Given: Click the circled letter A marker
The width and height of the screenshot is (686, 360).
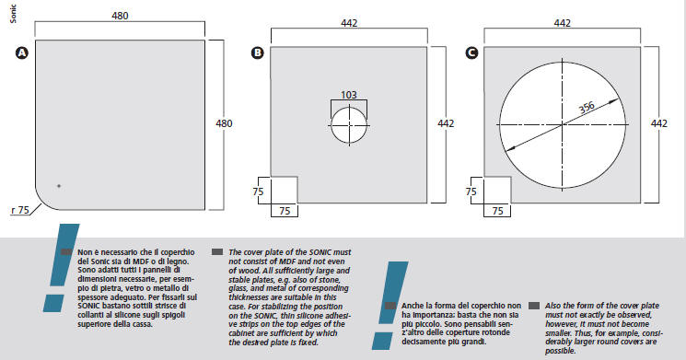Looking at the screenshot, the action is coord(21,52).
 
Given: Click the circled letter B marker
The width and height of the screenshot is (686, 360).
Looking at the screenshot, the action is coord(258,52).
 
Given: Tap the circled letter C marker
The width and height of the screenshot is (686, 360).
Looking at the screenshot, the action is coord(472,52).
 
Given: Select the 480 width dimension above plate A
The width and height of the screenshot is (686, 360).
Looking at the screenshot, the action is coord(120,16).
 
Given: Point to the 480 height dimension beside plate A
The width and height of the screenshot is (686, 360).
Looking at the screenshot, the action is coord(224,123).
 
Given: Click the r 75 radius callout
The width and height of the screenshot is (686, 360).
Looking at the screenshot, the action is coord(20,211).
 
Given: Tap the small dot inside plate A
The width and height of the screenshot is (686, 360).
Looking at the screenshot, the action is coord(59,186).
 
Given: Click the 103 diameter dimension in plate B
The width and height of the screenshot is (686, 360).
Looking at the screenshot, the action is coord(349,95).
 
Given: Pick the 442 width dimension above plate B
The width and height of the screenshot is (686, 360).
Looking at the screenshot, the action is coord(349,23).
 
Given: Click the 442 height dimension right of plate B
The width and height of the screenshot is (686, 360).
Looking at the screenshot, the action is coord(446,123).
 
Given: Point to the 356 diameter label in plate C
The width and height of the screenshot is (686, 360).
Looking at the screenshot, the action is coord(587,107).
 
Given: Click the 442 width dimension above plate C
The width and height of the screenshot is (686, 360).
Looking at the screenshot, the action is coord(563,23).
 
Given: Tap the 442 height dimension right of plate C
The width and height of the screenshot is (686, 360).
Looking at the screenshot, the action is coord(659,123).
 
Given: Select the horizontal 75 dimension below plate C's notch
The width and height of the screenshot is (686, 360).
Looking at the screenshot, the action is coord(497,211).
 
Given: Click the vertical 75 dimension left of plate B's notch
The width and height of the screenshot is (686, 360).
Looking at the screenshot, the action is coord(258,192).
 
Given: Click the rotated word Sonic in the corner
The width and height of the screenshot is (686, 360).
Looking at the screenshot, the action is coord(13,14).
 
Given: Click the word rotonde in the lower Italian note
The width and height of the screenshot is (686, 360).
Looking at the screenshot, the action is coord(496,332).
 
